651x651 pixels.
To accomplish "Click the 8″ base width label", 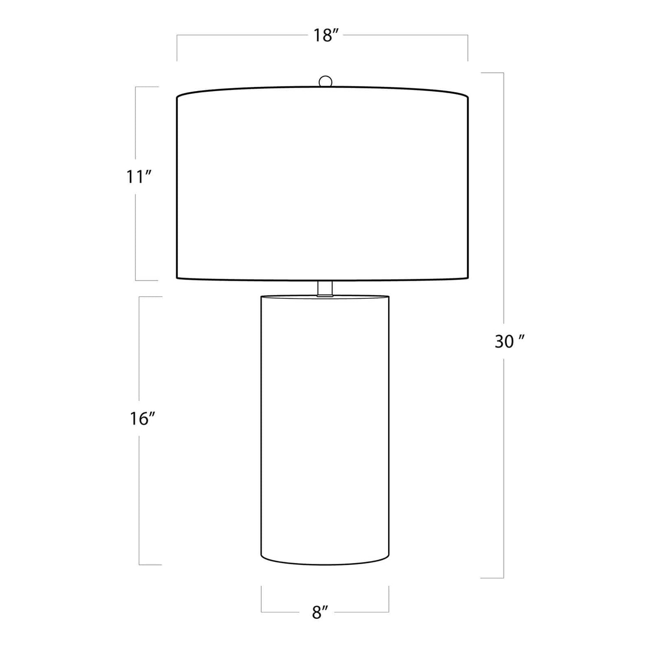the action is click(x=320, y=612).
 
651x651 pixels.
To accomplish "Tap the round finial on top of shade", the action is click(x=325, y=81).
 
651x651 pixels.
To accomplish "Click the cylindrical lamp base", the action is click(x=325, y=430).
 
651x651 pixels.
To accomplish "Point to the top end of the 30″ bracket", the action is click(x=492, y=73).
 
